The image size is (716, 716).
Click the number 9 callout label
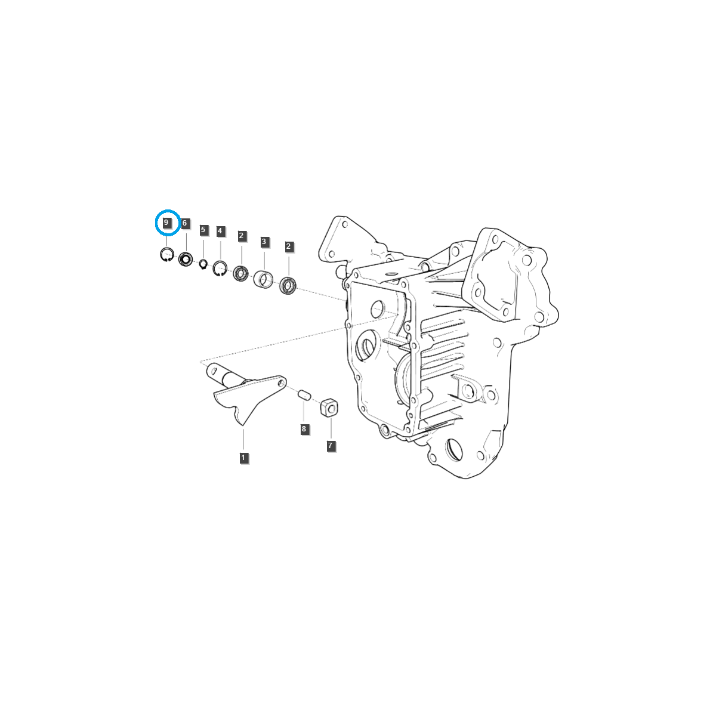click(167, 223)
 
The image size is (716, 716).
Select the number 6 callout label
click(185, 223)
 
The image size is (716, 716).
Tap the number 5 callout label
click(203, 230)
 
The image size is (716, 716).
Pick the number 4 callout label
click(221, 231)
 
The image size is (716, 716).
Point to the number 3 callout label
click(264, 242)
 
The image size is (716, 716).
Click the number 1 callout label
click(243, 458)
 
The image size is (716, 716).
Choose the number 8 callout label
click(304, 428)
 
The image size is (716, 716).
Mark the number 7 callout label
click(331, 445)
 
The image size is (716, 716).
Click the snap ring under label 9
click(166, 255)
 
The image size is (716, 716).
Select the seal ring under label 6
click(186, 260)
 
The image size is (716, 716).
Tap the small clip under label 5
click(203, 264)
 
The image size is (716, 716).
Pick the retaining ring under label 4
click(220, 268)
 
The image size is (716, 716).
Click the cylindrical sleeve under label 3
click(263, 279)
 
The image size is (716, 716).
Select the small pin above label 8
click(304, 394)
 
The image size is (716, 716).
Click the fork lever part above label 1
click(242, 397)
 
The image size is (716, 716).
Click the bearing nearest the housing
click(288, 285)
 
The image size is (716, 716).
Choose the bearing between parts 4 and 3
click(241, 274)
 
